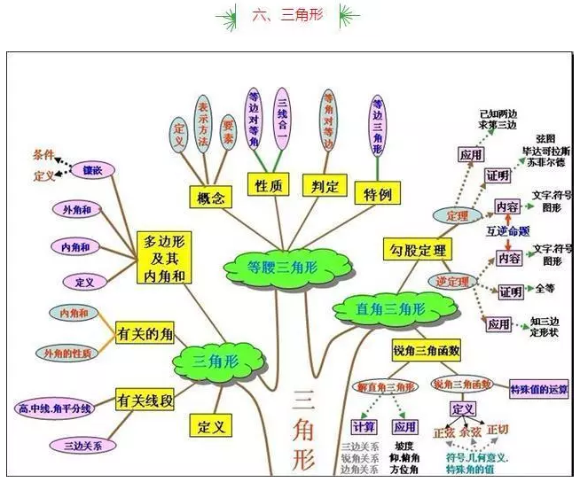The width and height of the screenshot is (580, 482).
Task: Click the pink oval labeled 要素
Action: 228,132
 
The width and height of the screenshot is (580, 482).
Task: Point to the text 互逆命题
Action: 508,231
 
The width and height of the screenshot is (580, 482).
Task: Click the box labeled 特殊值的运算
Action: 540,389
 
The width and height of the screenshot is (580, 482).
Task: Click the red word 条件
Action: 43,154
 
